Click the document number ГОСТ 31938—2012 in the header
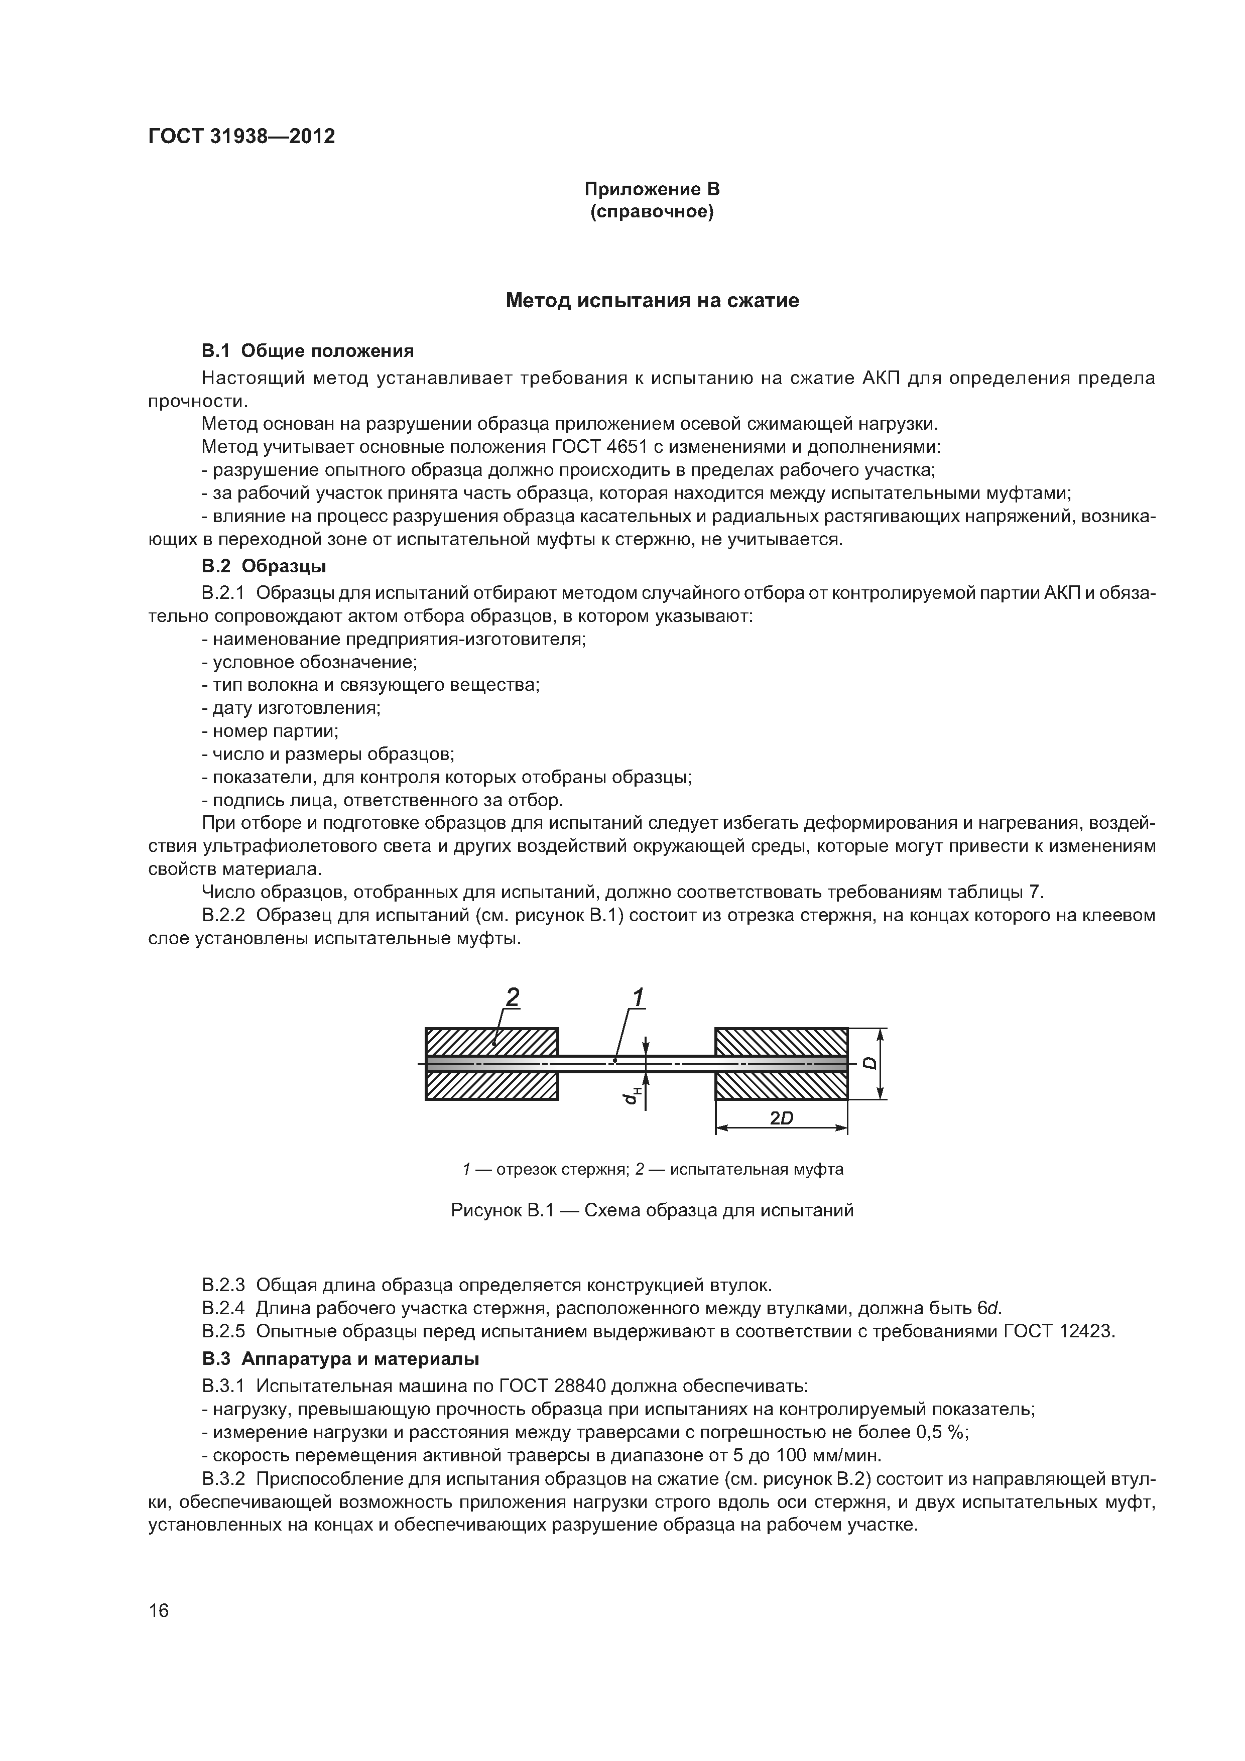click(x=241, y=137)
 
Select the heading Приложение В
click(x=652, y=189)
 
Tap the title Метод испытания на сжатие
click(x=652, y=301)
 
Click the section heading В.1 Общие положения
click(x=308, y=351)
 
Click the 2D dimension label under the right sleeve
click(x=781, y=1119)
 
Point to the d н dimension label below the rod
click(x=631, y=1097)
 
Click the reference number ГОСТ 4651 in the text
click(x=598, y=447)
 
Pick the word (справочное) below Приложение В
click(x=652, y=212)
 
